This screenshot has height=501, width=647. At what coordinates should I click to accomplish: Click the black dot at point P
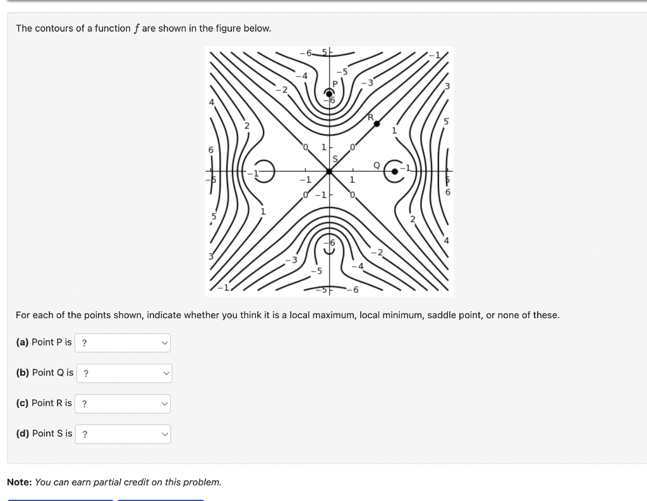pos(329,94)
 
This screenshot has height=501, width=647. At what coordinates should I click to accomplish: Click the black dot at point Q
pos(396,171)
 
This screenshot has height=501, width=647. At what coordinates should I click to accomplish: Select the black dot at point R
pos(377,124)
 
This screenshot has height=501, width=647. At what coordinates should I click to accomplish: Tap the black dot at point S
pos(329,171)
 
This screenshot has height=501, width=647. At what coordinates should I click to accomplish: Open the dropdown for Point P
pos(123,343)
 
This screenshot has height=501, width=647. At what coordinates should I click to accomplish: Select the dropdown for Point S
pos(123,434)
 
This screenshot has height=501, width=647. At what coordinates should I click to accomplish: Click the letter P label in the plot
pos(336,82)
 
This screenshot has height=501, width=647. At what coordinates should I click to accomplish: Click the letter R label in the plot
pos(371,116)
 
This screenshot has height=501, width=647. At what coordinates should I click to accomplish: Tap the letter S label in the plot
pos(336,159)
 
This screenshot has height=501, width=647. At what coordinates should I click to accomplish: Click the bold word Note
pos(19,482)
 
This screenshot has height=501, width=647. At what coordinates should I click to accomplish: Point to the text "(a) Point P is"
pos(44,342)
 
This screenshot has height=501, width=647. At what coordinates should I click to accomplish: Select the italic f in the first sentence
pos(136,28)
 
